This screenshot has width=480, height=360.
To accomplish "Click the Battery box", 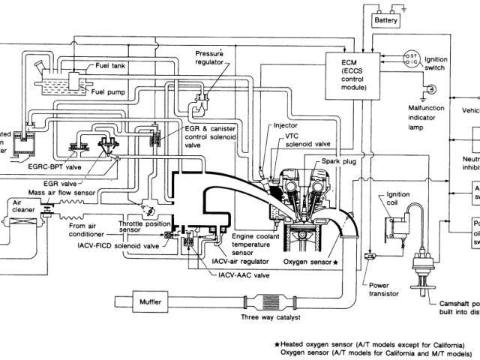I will [x=385, y=22].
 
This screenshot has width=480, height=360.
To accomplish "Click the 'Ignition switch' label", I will [x=436, y=63].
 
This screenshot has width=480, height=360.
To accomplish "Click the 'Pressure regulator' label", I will [x=210, y=58].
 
